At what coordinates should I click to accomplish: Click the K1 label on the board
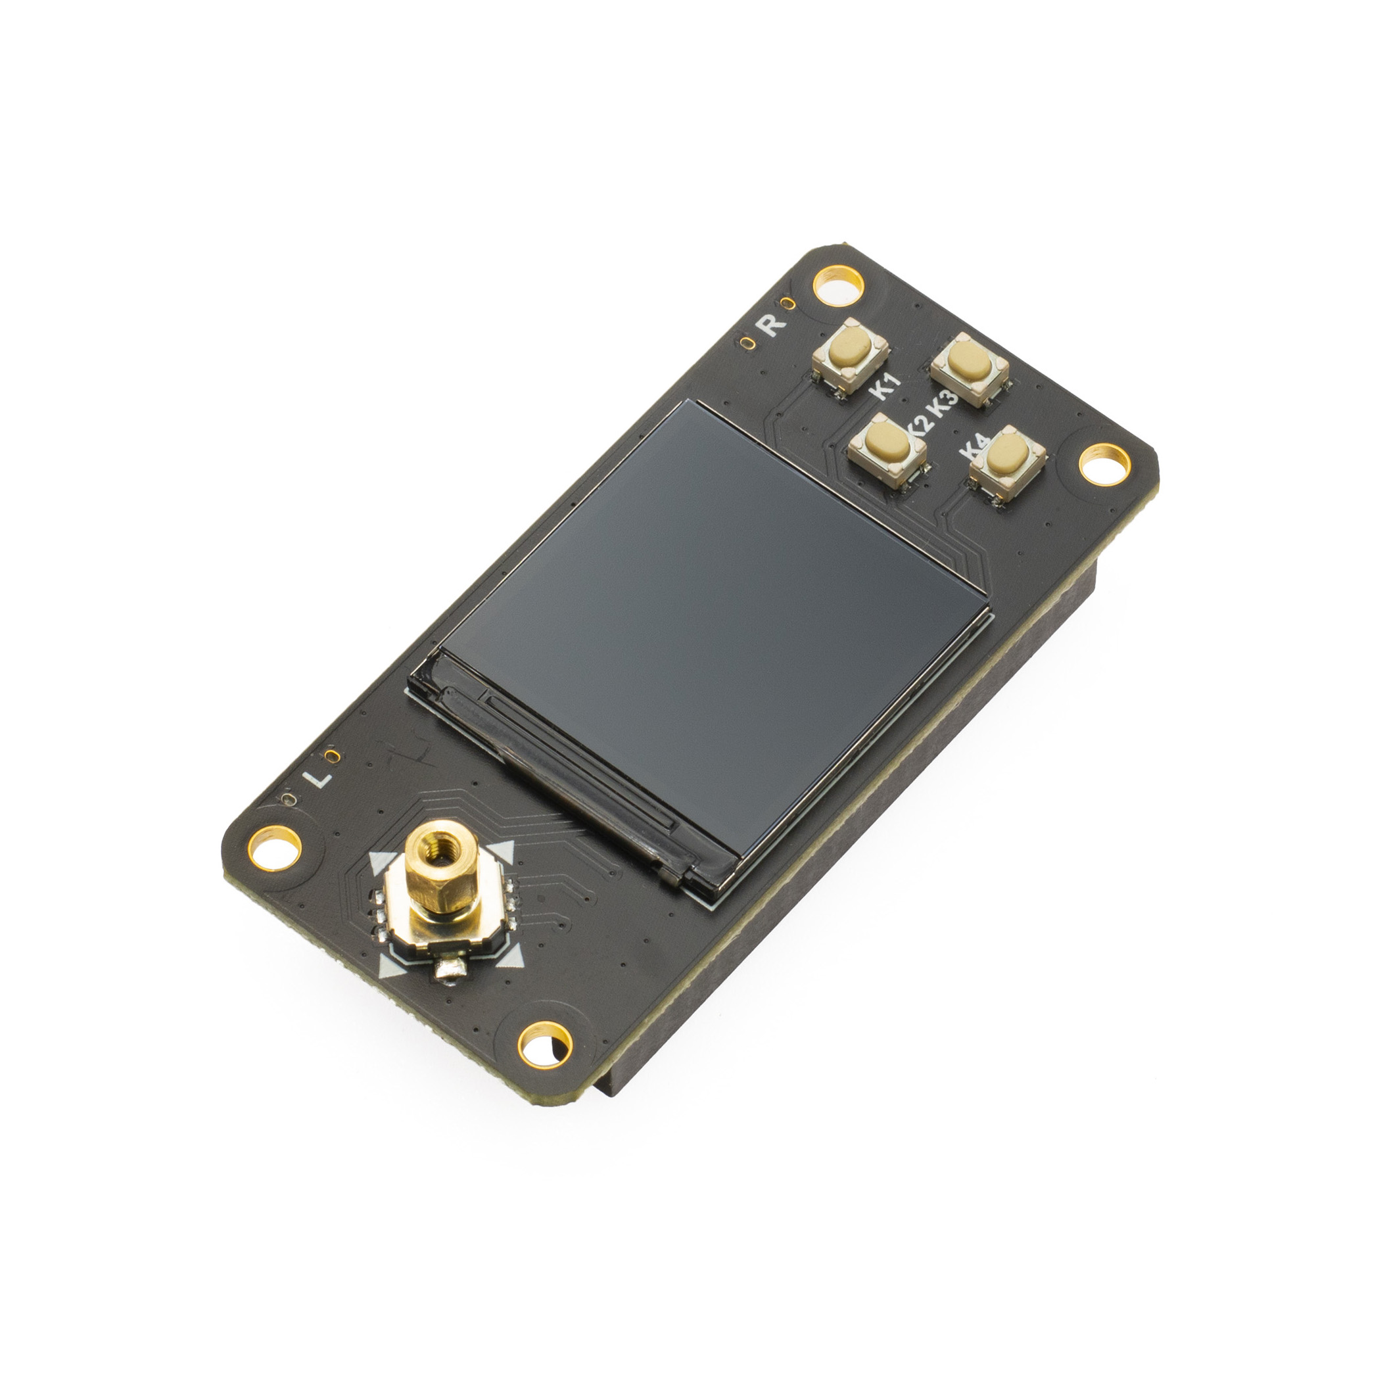(x=885, y=387)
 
